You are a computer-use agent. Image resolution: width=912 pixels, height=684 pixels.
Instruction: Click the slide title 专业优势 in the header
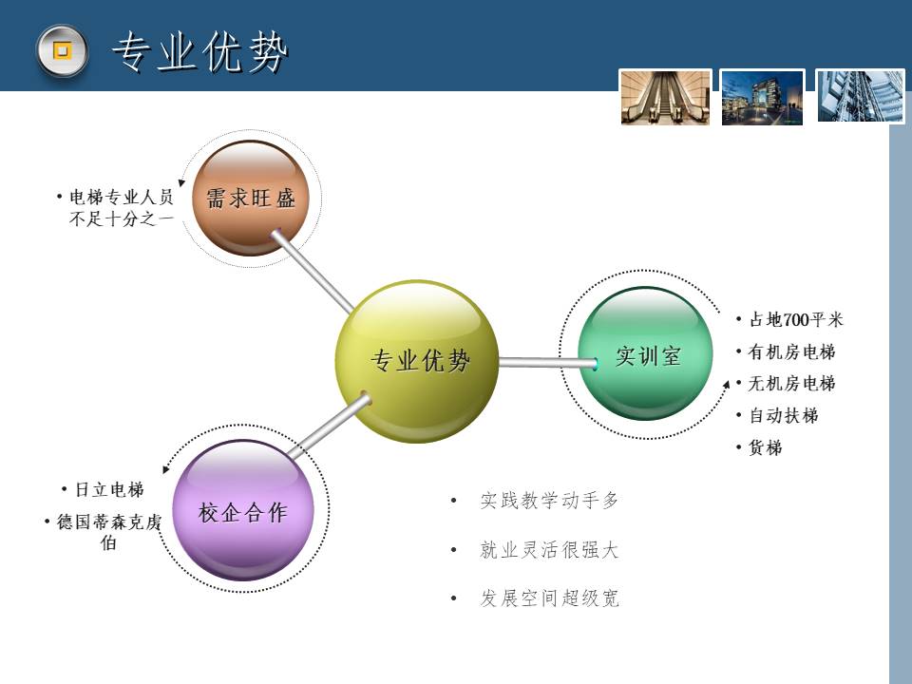coord(199,52)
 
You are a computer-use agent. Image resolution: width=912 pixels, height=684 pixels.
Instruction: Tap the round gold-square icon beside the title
coord(63,50)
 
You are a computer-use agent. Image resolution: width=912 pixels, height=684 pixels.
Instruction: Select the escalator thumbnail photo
coord(665,97)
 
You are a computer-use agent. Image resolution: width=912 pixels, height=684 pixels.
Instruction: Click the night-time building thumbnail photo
coord(763,97)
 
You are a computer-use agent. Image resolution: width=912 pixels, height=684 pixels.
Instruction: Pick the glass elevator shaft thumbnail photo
coord(861,97)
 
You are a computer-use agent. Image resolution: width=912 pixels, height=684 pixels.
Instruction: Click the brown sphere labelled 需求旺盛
coord(251,198)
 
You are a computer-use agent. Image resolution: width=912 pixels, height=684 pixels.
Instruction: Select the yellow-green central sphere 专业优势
coord(417,361)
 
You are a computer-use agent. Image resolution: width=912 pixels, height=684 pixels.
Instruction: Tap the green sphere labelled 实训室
coord(646,353)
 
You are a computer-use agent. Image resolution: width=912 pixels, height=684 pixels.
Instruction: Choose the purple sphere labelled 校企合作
coord(243,509)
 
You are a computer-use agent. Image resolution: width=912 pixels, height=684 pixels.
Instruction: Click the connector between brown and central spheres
coord(313,272)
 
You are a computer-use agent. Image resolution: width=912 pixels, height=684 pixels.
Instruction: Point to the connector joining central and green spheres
coord(548,363)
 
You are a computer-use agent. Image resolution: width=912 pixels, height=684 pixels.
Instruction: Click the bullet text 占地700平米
coord(796,319)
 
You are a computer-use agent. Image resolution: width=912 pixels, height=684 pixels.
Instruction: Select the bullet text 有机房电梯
coord(791,351)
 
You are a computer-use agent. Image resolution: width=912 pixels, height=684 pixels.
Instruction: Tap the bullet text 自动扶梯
coord(784,415)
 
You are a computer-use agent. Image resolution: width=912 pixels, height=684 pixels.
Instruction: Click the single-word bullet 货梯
coord(766,447)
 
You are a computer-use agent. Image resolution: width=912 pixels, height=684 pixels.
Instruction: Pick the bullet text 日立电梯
coord(109,490)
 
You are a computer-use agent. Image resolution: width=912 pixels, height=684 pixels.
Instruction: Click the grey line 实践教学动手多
coord(549,501)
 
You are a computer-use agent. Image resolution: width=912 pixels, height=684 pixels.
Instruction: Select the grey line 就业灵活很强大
coord(549,550)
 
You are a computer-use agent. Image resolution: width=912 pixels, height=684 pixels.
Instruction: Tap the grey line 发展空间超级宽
coord(549,598)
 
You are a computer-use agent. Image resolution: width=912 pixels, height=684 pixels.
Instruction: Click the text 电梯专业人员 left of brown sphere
coord(122,198)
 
